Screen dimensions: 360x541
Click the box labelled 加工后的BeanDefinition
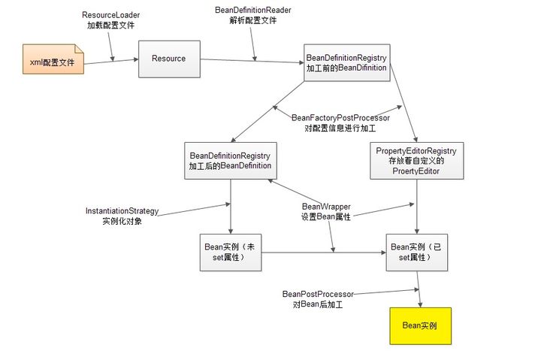[231, 160]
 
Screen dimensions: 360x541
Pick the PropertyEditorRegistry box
[416, 161]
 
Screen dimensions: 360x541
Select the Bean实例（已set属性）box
[416, 252]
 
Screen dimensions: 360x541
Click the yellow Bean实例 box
[420, 325]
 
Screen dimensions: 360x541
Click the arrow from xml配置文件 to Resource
[110, 62]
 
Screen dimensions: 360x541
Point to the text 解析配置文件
[253, 20]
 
